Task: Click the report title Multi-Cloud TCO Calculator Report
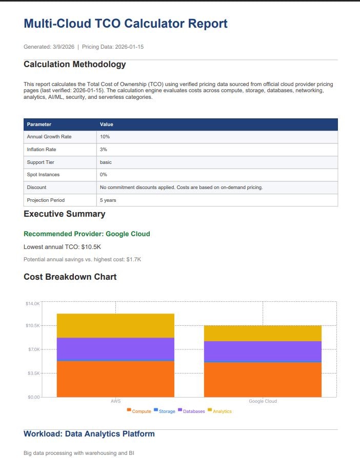pyautogui.click(x=125, y=24)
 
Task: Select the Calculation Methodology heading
pyautogui.click(x=74, y=65)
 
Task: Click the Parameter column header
pyautogui.click(x=39, y=124)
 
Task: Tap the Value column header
pyautogui.click(x=106, y=124)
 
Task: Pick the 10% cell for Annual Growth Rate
pyautogui.click(x=105, y=137)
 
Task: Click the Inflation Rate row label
pyautogui.click(x=42, y=150)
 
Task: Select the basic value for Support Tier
pyautogui.click(x=106, y=162)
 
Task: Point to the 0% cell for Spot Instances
pyautogui.click(x=104, y=175)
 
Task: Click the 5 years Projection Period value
pyautogui.click(x=108, y=200)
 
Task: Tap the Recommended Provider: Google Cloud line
pyautogui.click(x=87, y=234)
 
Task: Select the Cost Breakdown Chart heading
pyautogui.click(x=70, y=277)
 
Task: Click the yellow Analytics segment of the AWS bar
pyautogui.click(x=115, y=325)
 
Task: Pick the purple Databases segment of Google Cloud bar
pyautogui.click(x=263, y=351)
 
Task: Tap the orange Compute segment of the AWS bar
pyautogui.click(x=115, y=379)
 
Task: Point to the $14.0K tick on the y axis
pyautogui.click(x=32, y=304)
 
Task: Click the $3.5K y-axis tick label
pyautogui.click(x=32, y=373)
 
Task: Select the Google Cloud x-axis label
pyautogui.click(x=263, y=401)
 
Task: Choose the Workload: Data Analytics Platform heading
pyautogui.click(x=89, y=434)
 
